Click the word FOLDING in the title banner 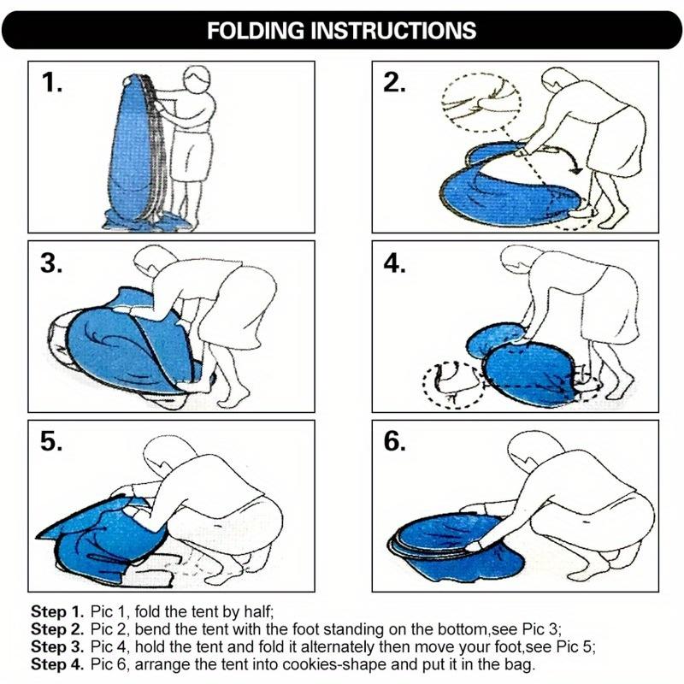(x=256, y=31)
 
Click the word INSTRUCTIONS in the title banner (x=394, y=31)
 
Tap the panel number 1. (x=52, y=82)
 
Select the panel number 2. (x=395, y=82)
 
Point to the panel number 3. (x=51, y=263)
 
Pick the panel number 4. (x=395, y=263)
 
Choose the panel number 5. (x=51, y=441)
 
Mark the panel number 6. (x=395, y=441)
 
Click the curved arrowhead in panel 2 (x=576, y=169)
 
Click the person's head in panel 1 (x=197, y=79)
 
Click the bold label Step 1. (x=56, y=611)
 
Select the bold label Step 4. (x=56, y=664)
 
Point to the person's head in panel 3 (x=152, y=260)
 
